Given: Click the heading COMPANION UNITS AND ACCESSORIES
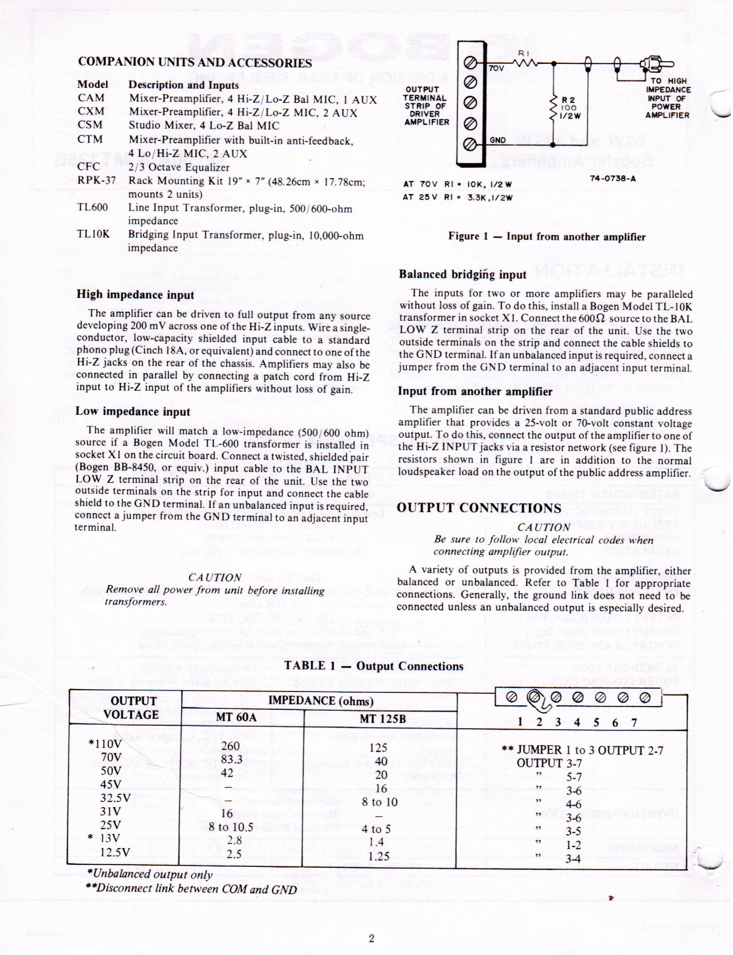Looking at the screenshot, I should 195,63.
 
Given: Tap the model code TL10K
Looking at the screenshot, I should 93,234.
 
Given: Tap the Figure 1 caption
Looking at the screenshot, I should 546,236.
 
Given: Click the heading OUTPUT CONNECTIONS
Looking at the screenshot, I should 479,508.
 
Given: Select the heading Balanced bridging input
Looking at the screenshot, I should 463,274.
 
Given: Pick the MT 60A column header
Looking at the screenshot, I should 236,717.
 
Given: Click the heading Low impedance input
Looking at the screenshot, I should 133,411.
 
